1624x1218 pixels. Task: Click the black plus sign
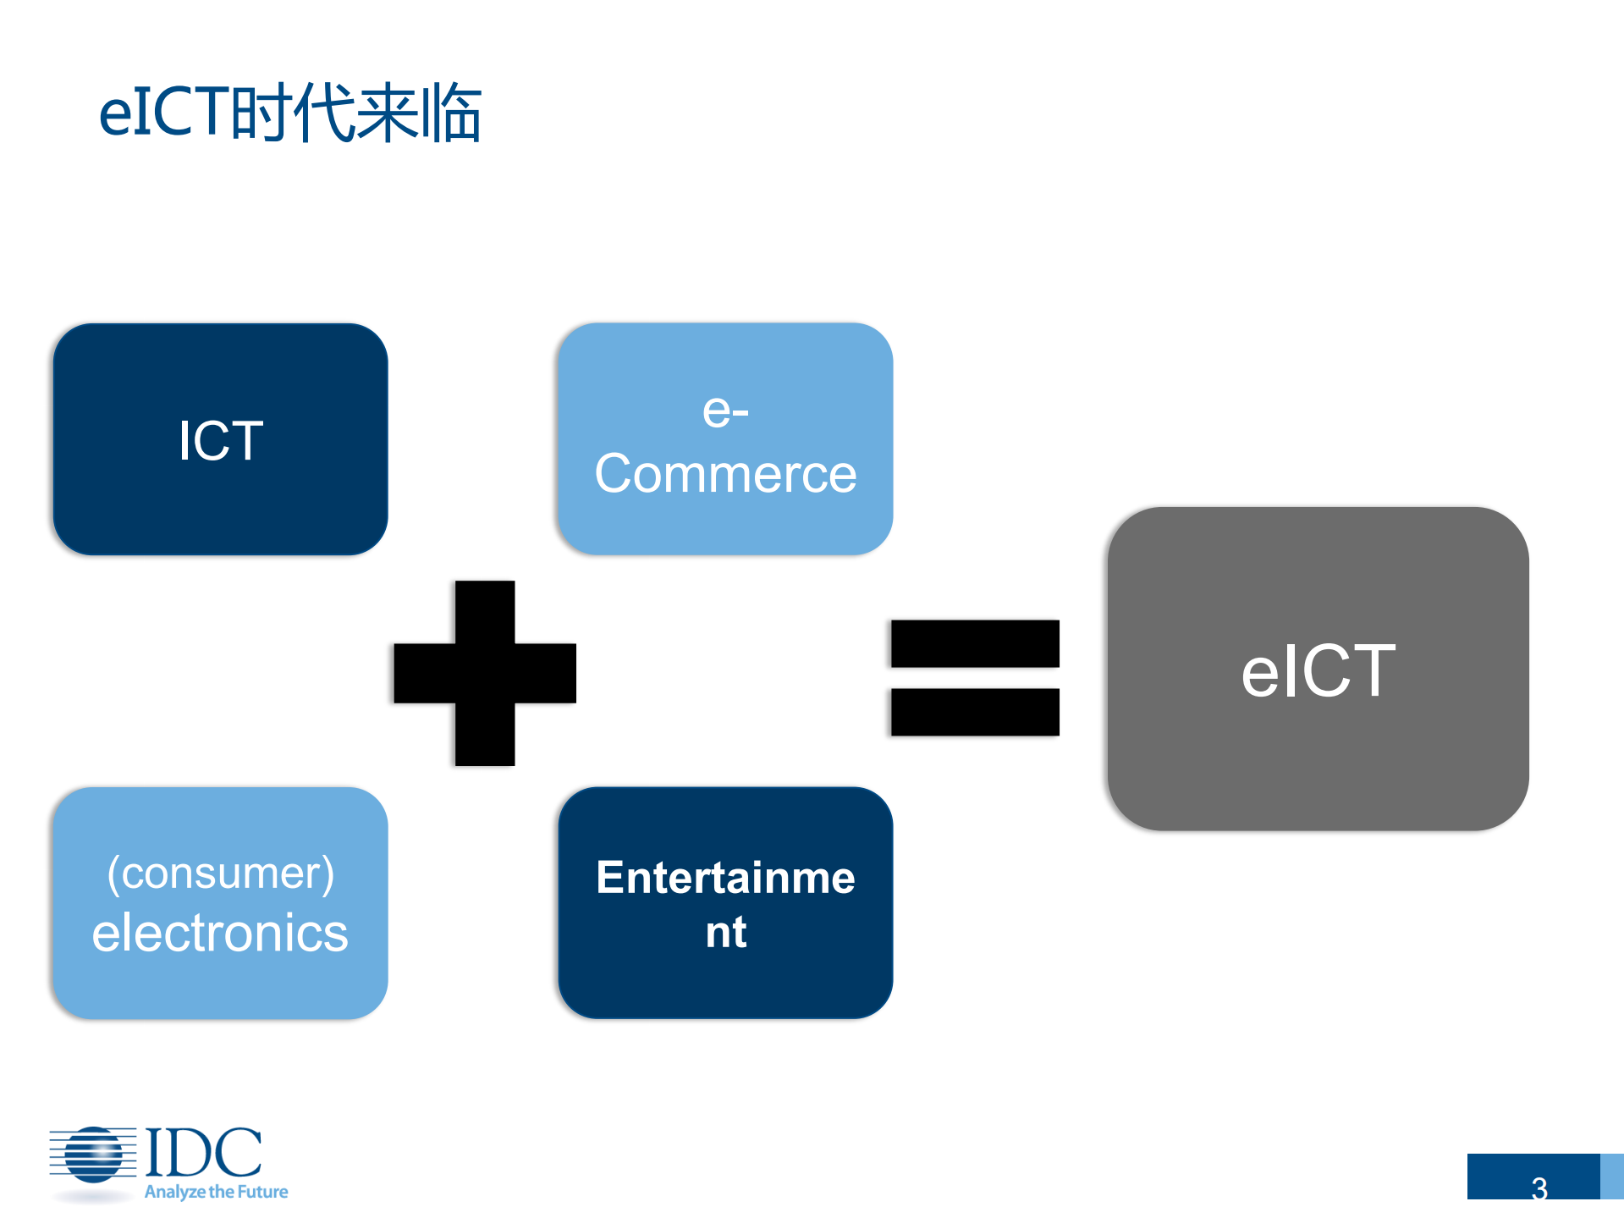(485, 673)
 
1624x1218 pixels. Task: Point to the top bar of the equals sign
(975, 643)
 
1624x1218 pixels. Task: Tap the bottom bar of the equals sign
(975, 712)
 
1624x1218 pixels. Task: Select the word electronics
(220, 933)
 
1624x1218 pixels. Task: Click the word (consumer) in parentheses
(220, 874)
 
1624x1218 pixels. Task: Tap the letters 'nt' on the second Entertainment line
(725, 933)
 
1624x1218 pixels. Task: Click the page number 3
(1539, 1188)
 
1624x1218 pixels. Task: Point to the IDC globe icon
(93, 1155)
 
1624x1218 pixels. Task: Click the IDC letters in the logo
(203, 1152)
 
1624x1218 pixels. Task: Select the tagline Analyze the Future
(216, 1192)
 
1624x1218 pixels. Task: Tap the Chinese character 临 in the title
(452, 113)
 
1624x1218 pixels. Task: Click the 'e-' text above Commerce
(725, 411)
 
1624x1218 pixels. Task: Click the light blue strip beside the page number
(1611, 1177)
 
